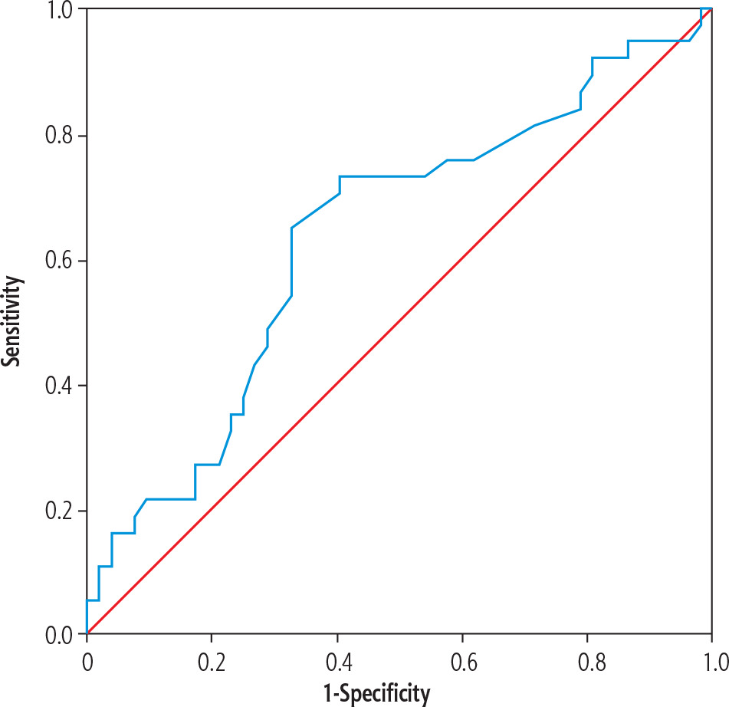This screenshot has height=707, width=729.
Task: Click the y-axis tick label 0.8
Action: point(59,135)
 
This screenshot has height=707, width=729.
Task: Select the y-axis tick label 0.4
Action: point(59,385)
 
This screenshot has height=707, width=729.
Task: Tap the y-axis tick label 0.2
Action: point(59,510)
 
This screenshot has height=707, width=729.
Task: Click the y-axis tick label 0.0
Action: point(59,635)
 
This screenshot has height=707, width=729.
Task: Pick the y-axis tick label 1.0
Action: point(61,11)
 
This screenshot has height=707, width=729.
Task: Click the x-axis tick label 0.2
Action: point(212,663)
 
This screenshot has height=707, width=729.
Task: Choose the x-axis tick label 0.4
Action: point(339,663)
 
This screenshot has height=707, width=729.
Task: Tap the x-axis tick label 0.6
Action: point(464,663)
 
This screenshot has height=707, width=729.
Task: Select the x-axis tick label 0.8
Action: point(591,663)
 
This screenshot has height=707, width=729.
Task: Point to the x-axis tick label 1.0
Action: point(715,663)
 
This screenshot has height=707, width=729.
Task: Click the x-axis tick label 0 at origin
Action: point(87,663)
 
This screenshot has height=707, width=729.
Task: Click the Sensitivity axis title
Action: point(12,321)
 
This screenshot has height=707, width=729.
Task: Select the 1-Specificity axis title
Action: point(376,694)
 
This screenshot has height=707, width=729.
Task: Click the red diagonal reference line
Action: point(399,321)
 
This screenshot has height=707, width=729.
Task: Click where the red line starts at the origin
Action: point(87,633)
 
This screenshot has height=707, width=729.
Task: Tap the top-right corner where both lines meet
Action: point(712,8)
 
